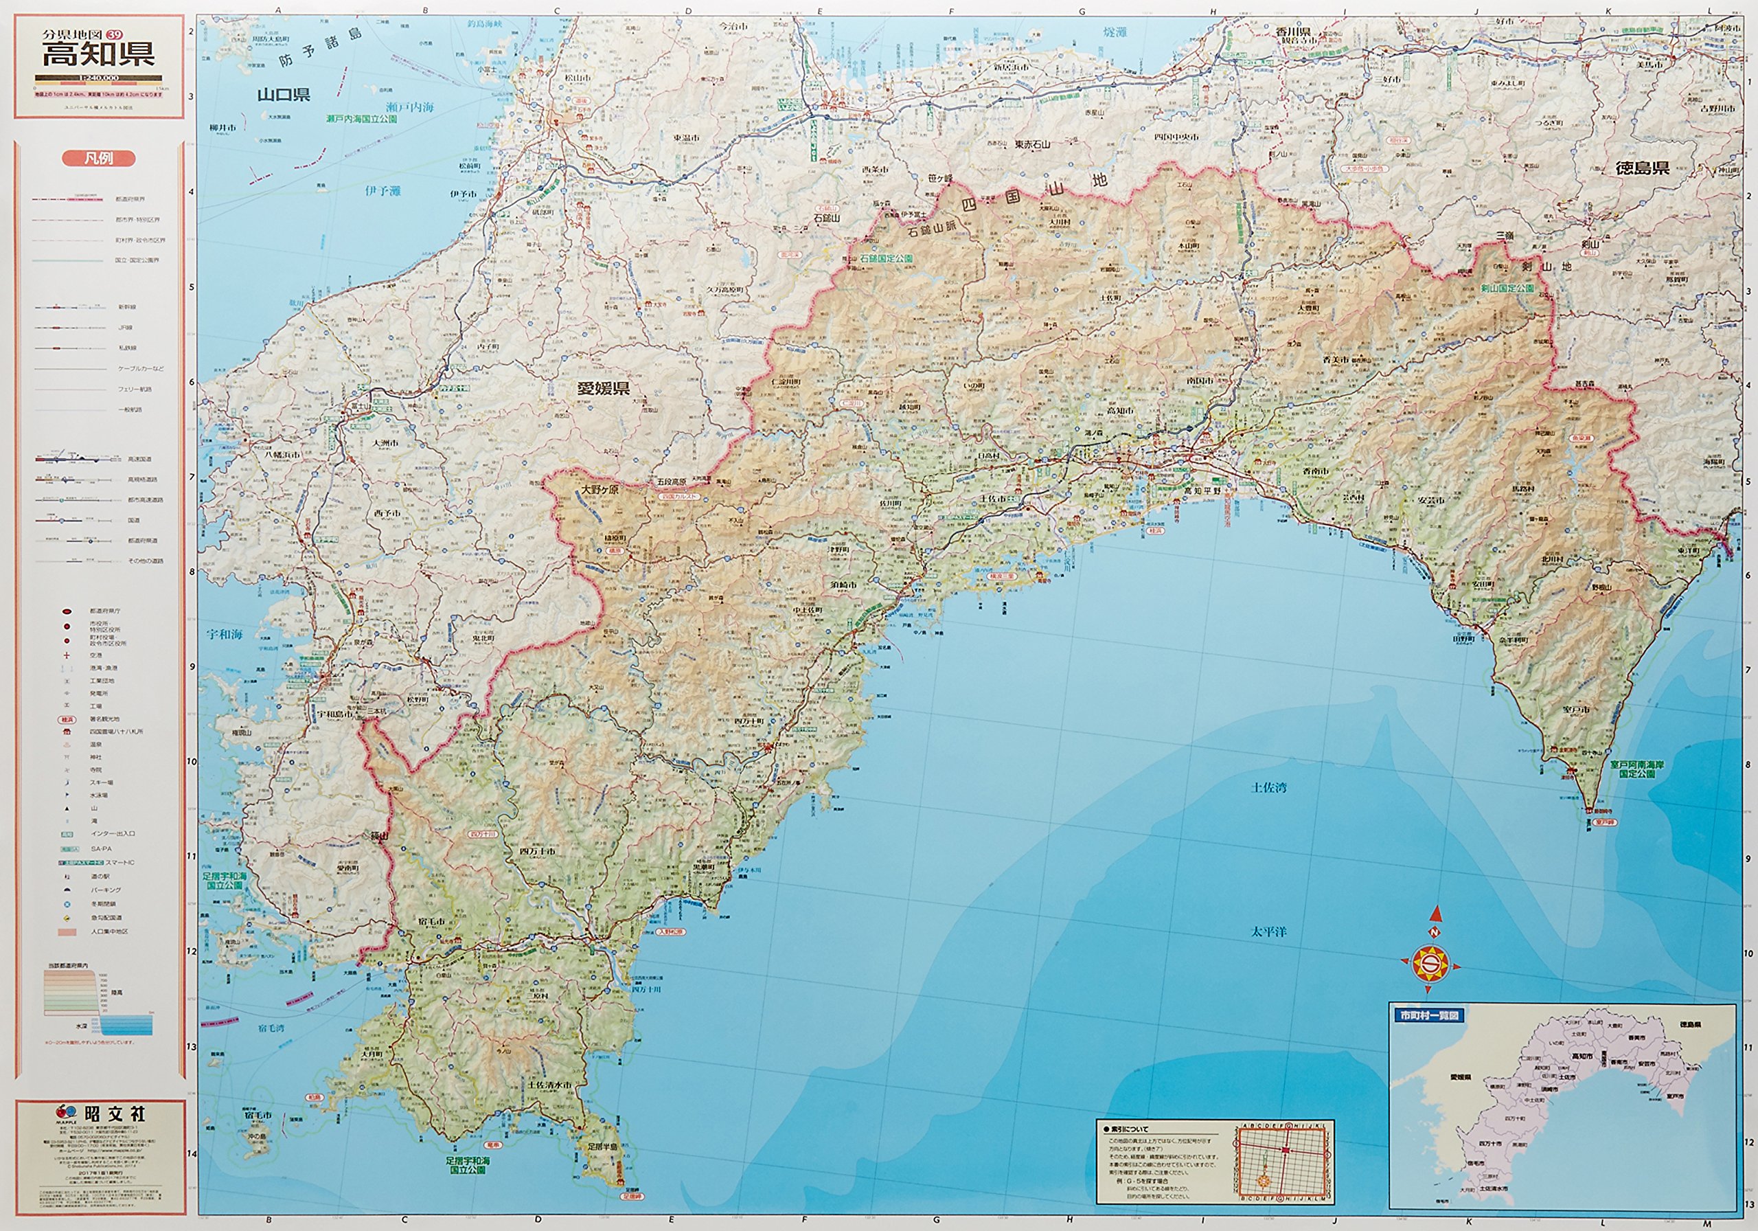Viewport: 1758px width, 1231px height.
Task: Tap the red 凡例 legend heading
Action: (x=99, y=159)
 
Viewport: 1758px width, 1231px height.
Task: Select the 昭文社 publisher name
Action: (x=115, y=1113)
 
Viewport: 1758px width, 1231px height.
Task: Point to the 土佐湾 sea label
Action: (x=1269, y=787)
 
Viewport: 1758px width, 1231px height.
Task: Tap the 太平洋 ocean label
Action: (x=1269, y=931)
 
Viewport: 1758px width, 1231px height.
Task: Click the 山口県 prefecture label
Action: (x=284, y=95)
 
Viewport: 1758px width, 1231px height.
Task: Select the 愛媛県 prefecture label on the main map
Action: (x=604, y=388)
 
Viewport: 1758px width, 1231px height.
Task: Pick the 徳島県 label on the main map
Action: (x=1643, y=168)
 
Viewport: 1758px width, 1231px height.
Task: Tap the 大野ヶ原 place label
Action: (x=600, y=488)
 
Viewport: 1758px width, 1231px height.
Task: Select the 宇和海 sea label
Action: (x=225, y=634)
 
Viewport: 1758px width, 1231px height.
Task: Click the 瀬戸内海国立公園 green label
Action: (x=361, y=120)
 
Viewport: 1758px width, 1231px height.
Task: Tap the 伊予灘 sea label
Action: (x=383, y=191)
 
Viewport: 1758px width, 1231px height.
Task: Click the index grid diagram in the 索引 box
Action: (x=1285, y=1160)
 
